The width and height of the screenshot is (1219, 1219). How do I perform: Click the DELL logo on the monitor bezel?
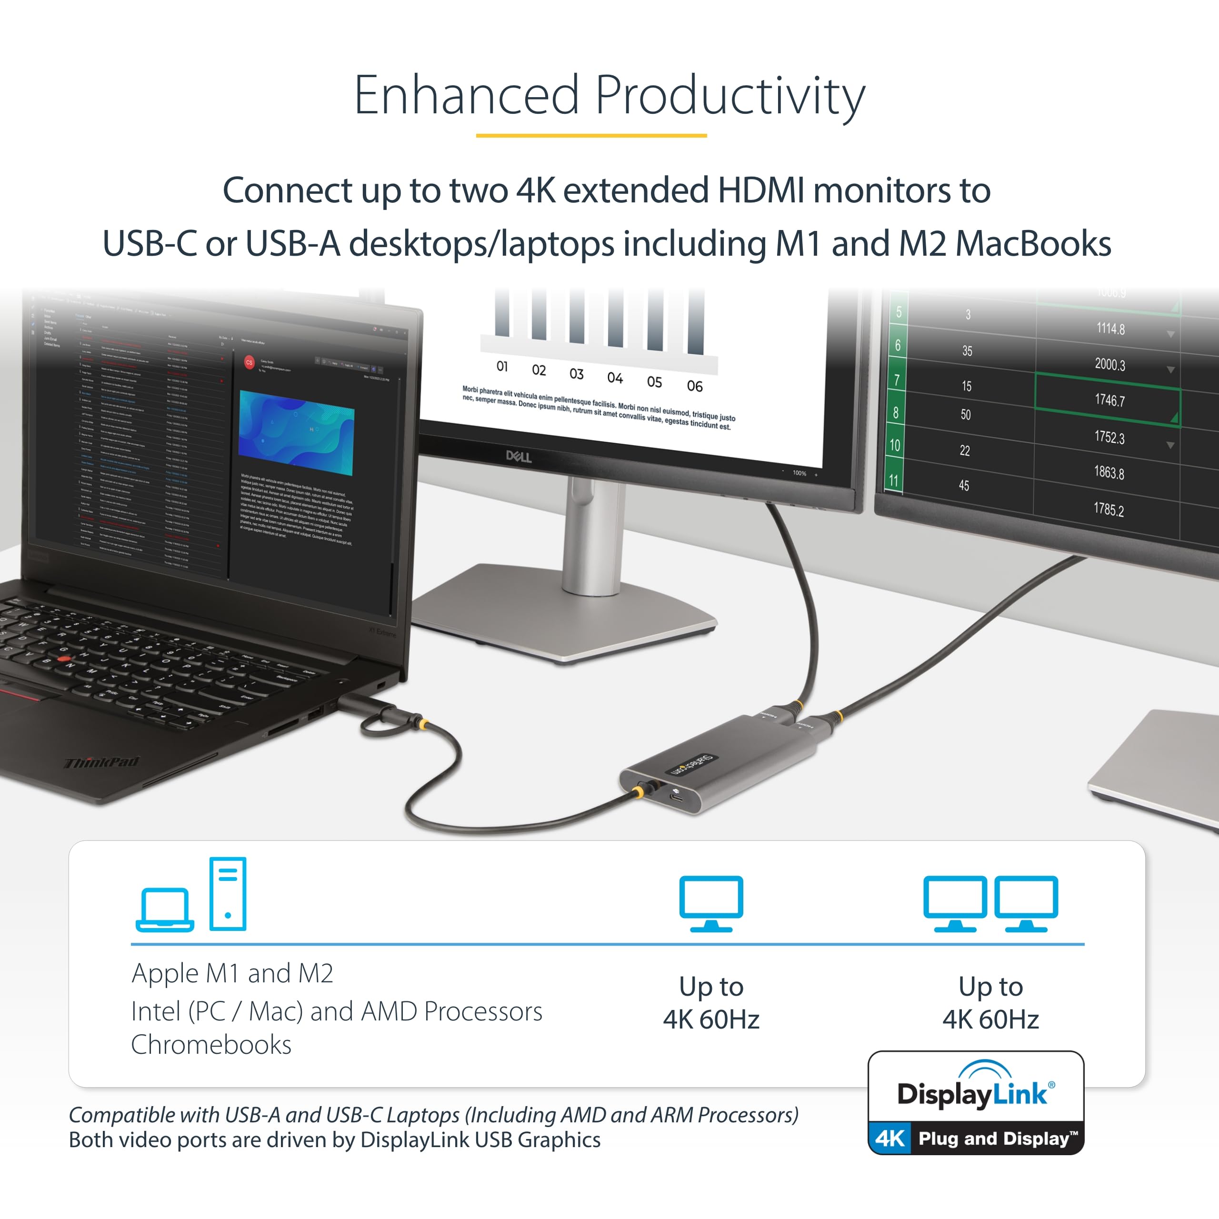point(519,456)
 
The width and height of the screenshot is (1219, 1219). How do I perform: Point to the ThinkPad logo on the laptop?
point(101,762)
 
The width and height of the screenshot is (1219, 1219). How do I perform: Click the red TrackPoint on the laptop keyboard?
point(63,659)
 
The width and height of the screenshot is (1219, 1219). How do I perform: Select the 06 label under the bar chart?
point(695,386)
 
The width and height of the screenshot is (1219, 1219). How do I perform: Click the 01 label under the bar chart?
point(502,366)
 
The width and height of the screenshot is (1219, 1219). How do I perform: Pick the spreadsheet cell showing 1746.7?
point(1109,400)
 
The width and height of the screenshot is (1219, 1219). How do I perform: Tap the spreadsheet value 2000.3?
point(1109,364)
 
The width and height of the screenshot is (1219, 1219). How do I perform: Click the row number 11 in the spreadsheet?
point(893,481)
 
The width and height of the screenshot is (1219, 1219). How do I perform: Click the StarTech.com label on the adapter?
point(691,764)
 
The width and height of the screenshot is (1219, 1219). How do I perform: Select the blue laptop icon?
point(165,909)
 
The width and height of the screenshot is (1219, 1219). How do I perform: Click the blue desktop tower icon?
point(228,893)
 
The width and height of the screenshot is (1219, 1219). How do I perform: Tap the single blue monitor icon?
point(711,903)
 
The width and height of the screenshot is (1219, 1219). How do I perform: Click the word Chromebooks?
point(211,1045)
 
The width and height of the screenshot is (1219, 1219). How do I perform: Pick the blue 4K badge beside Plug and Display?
point(889,1138)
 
